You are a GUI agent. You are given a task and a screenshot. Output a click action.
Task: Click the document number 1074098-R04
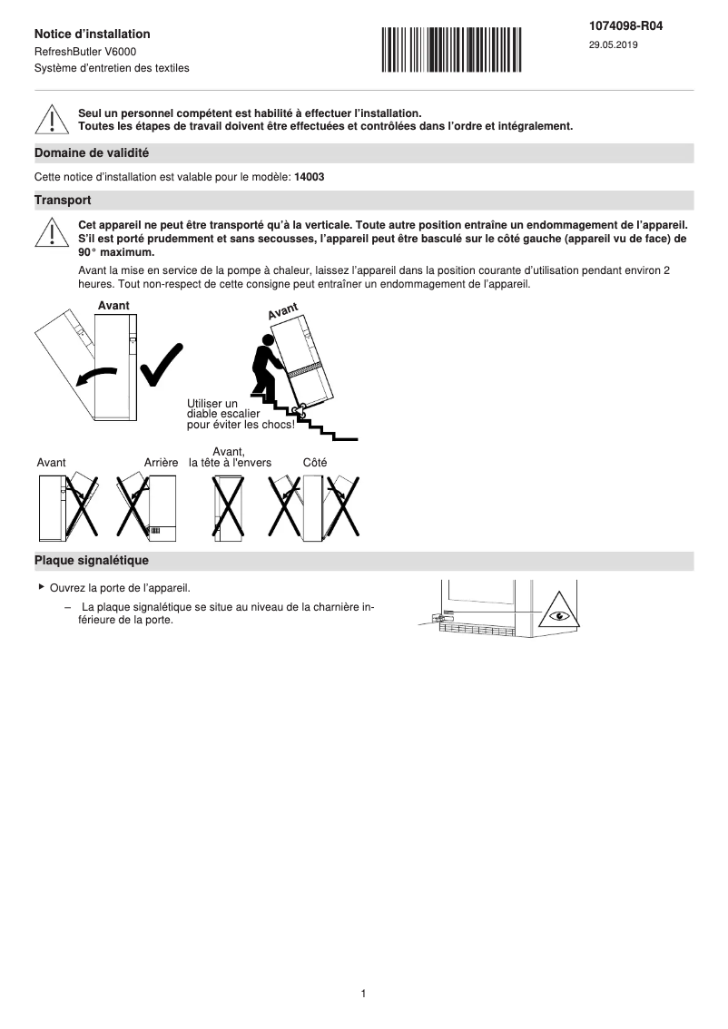coord(625,26)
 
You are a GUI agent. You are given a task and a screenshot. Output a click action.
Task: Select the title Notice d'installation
coord(93,34)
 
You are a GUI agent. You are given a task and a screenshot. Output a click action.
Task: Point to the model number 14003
coord(310,177)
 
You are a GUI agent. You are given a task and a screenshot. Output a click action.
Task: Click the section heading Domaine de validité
coord(91,153)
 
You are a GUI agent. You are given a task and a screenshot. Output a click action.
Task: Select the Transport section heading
coord(62,200)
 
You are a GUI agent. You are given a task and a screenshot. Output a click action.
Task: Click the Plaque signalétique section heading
coord(91,561)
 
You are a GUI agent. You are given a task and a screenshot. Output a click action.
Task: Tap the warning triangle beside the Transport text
coord(53,233)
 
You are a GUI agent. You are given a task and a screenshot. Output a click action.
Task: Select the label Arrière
coord(161,463)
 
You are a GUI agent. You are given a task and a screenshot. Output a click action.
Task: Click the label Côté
coord(315,463)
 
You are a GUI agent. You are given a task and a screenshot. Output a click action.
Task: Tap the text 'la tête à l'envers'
coord(230,463)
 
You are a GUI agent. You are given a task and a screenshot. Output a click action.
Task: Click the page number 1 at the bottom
coord(363,994)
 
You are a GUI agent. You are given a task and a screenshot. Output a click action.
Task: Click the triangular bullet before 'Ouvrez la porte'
coord(41,587)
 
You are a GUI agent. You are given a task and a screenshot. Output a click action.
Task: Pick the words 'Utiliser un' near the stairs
coord(212,404)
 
